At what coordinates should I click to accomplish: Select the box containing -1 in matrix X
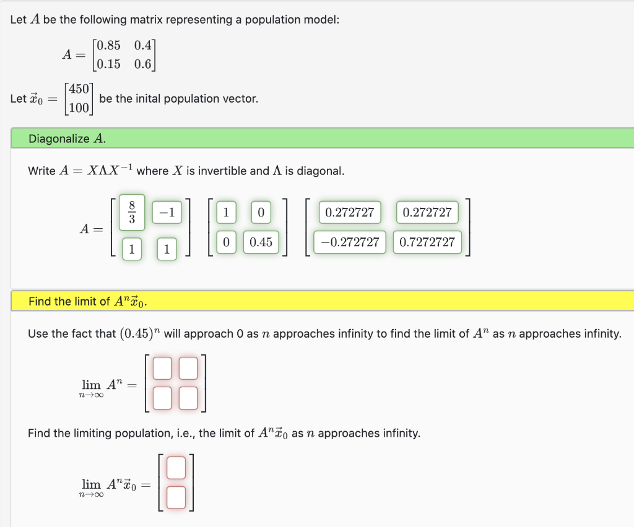pyautogui.click(x=166, y=212)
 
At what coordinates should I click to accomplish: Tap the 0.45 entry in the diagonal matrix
pyautogui.click(x=261, y=242)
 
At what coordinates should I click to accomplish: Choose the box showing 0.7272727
pyautogui.click(x=427, y=242)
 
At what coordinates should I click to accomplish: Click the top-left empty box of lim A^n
pyautogui.click(x=162, y=369)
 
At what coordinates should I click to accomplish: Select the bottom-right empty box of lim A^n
pyautogui.click(x=189, y=398)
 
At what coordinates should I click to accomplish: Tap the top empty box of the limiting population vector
pyautogui.click(x=176, y=468)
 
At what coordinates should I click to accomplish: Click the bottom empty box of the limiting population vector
pyautogui.click(x=176, y=497)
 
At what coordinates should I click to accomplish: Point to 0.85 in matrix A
pyautogui.click(x=106, y=46)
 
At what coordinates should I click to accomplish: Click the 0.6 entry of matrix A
pyautogui.click(x=142, y=64)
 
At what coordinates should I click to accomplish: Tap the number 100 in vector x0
pyautogui.click(x=79, y=108)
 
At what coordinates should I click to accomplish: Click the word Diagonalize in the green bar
pyautogui.click(x=59, y=139)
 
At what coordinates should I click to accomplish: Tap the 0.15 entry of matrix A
pyautogui.click(x=106, y=64)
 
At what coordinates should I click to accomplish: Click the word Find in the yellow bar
pyautogui.click(x=40, y=302)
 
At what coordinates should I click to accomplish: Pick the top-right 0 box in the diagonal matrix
pyautogui.click(x=261, y=212)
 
